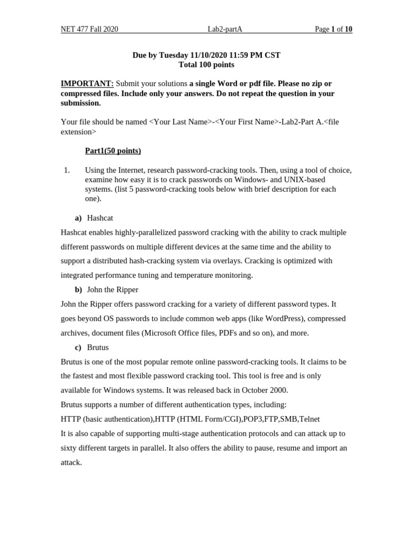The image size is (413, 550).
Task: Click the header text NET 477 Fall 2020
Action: [89, 29]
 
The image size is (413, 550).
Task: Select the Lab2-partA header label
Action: [225, 29]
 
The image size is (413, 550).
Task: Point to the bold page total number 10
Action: [348, 29]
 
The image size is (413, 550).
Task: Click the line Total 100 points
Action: [206, 65]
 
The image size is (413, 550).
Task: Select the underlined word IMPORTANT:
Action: [87, 84]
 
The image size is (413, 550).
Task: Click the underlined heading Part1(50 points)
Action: [113, 151]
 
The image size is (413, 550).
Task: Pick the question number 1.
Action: [67, 170]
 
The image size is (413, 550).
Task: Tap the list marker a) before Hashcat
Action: [79, 218]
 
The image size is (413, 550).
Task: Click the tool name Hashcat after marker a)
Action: [100, 218]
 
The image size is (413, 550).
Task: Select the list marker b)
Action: [79, 290]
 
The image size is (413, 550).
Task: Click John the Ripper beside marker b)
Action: [112, 290]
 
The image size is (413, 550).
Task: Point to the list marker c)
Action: [79, 348]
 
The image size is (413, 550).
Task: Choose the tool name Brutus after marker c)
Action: [98, 348]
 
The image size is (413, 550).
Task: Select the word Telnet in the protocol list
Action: [309, 419]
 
